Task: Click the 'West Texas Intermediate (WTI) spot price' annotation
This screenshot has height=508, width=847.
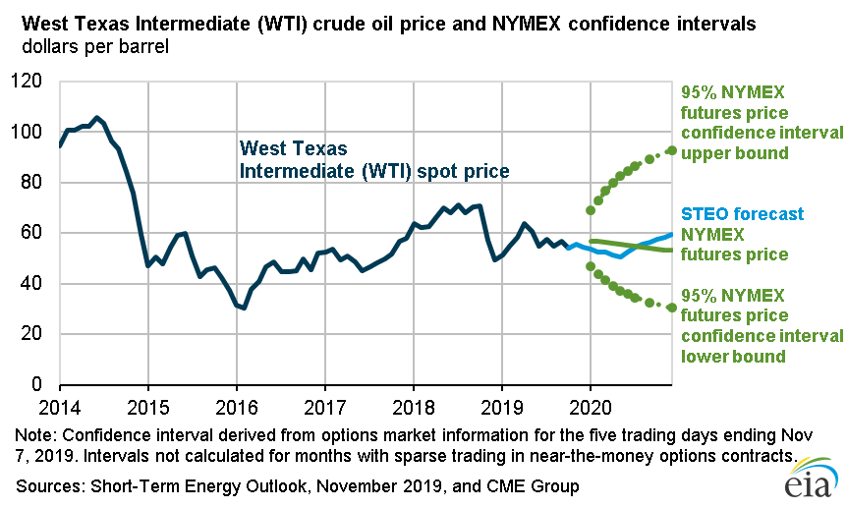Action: tap(374, 160)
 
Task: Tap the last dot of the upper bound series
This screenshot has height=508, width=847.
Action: tap(671, 150)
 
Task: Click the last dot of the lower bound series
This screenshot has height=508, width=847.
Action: tap(671, 308)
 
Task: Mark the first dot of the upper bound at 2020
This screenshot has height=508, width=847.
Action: tap(591, 210)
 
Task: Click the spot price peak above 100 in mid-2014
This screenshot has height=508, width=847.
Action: tap(96, 118)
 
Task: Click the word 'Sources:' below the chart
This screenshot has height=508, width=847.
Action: tap(46, 486)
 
